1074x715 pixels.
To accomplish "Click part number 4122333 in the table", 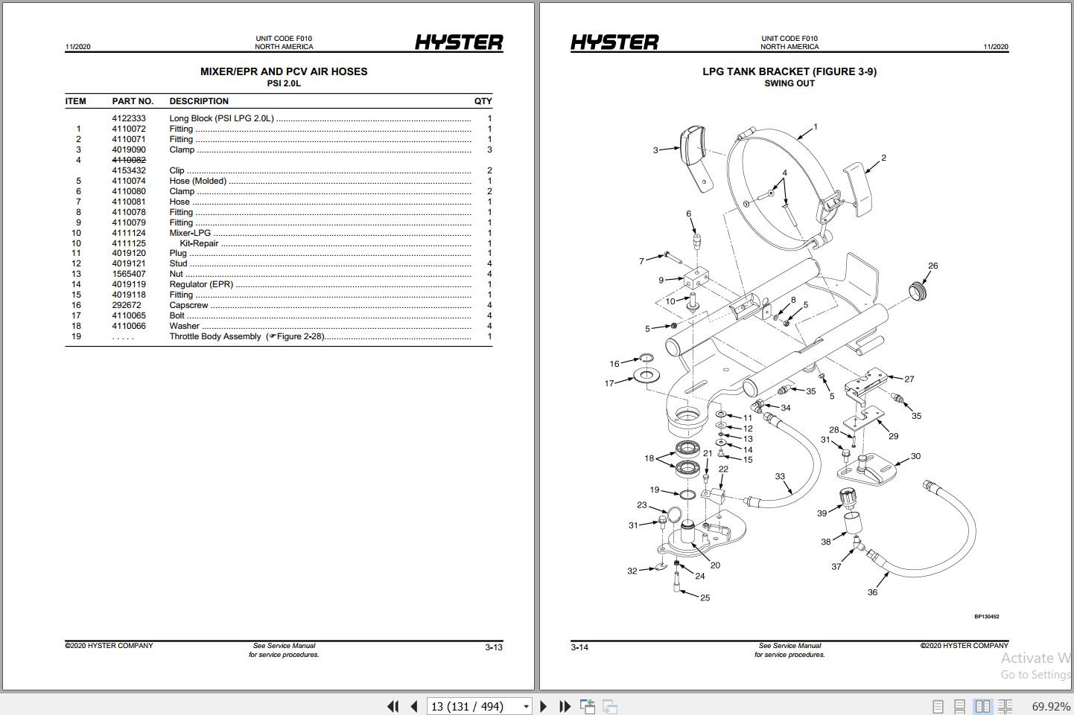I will pyautogui.click(x=129, y=118).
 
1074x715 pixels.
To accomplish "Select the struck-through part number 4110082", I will pyautogui.click(x=129, y=160).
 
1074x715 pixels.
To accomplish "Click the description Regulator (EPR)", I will pyautogui.click(x=201, y=284).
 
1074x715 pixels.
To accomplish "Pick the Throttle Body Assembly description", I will pyautogui.click(x=215, y=336).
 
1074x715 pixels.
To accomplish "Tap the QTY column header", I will pyautogui.click(x=483, y=101).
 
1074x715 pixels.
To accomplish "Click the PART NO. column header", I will pyautogui.click(x=133, y=101).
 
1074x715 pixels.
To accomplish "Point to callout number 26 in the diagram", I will pyautogui.click(x=932, y=266).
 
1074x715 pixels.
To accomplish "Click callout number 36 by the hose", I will pyautogui.click(x=872, y=592).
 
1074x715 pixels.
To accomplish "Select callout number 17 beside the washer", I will pyautogui.click(x=609, y=383).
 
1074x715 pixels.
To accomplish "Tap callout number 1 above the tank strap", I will pyautogui.click(x=816, y=127).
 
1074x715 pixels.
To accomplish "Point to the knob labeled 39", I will pyautogui.click(x=847, y=496).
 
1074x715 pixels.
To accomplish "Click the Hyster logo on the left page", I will pyautogui.click(x=459, y=42).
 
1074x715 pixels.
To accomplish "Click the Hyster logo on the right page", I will pyautogui.click(x=614, y=42).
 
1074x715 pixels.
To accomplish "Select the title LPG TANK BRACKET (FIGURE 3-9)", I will pyautogui.click(x=789, y=71).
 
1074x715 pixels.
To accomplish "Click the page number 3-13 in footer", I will pyautogui.click(x=494, y=647).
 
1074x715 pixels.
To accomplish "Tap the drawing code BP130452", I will pyautogui.click(x=986, y=616).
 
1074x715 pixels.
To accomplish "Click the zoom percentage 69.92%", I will pyautogui.click(x=1050, y=706).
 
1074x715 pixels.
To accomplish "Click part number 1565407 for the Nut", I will pyautogui.click(x=129, y=274).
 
